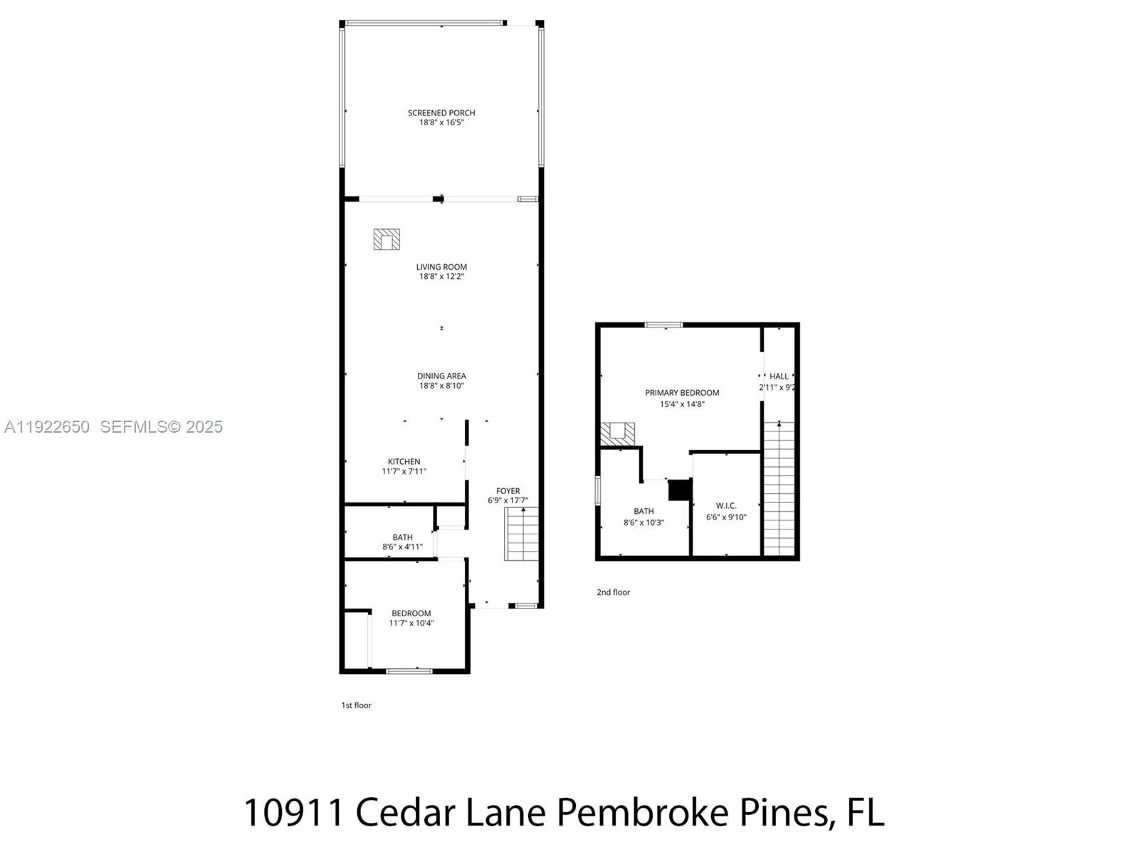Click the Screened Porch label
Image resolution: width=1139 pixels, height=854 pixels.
441,112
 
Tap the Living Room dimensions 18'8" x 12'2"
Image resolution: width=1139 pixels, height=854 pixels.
441,277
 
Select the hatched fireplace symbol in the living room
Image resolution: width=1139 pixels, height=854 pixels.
387,239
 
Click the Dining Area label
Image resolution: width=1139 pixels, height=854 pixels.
441,376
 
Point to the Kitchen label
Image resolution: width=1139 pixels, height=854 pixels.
404,462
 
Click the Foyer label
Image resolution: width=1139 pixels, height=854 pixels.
508,491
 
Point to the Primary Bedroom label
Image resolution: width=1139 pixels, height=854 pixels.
682,393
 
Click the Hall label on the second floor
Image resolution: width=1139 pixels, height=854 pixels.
779,376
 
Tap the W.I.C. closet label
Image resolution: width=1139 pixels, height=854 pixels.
726,506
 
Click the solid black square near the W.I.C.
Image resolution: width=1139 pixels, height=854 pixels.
680,490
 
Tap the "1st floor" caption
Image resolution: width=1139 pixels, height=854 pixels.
356,705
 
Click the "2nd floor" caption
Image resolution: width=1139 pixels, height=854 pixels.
613,592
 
